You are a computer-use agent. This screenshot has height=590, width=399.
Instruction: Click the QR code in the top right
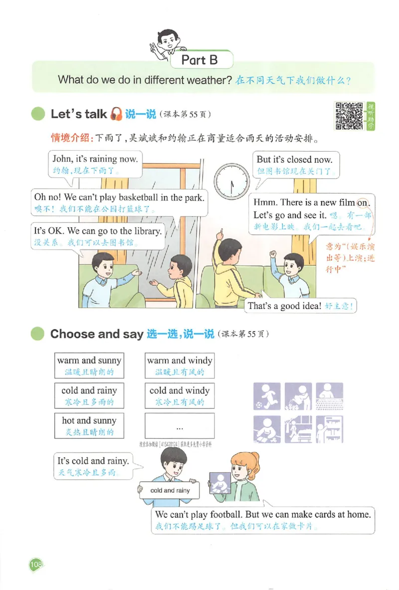click(x=349, y=116)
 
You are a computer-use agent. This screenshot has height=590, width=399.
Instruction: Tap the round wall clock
click(x=232, y=178)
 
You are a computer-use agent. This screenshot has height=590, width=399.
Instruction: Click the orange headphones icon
click(x=116, y=114)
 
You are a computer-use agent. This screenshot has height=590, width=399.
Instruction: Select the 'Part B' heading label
click(x=199, y=60)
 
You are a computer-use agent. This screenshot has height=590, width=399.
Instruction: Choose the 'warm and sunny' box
click(x=89, y=366)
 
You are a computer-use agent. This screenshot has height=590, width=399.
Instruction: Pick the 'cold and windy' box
click(x=180, y=396)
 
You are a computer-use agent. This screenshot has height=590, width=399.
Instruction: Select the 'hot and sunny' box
click(x=89, y=426)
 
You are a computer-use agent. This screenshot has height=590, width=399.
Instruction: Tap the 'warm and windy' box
click(x=180, y=366)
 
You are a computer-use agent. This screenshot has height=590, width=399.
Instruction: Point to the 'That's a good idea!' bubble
click(x=301, y=306)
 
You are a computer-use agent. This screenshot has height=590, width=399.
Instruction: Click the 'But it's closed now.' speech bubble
click(x=296, y=165)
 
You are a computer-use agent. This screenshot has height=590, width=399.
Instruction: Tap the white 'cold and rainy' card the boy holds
click(x=170, y=491)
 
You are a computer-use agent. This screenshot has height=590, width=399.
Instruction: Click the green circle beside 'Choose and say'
click(x=38, y=334)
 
